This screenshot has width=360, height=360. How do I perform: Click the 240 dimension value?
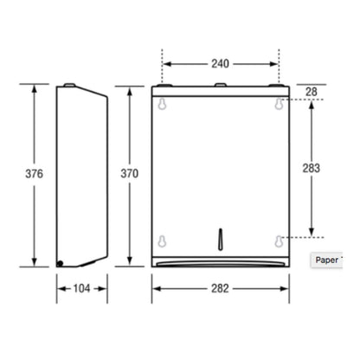(x=221, y=64)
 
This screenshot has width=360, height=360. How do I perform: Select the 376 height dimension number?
(x=35, y=174)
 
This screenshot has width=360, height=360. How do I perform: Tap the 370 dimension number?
(x=130, y=173)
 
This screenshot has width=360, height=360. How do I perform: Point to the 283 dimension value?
(x=312, y=168)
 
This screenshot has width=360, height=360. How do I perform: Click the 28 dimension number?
(x=312, y=92)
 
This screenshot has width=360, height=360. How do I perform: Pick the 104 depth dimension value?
(x=81, y=288)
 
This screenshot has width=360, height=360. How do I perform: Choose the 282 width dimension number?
(x=220, y=288)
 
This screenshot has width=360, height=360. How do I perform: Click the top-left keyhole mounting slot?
(x=163, y=104)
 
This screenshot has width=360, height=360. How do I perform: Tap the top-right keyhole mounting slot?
(x=279, y=104)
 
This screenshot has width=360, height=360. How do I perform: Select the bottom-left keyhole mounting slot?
(x=163, y=241)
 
